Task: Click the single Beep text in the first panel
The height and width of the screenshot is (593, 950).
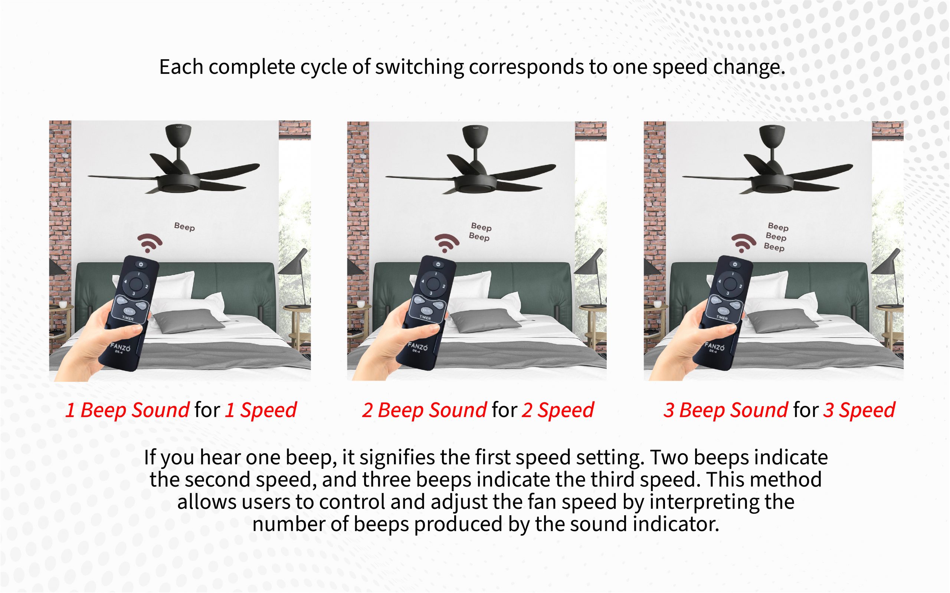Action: (184, 227)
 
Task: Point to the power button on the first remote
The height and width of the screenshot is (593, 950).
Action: (141, 265)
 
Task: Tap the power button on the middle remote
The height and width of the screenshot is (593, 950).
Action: (438, 265)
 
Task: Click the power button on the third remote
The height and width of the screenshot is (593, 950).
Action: (735, 265)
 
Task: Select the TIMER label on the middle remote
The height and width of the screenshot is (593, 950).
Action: (425, 317)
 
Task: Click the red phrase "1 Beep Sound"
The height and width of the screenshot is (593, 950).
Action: (127, 410)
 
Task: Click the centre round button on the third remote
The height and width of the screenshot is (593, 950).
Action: (729, 283)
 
